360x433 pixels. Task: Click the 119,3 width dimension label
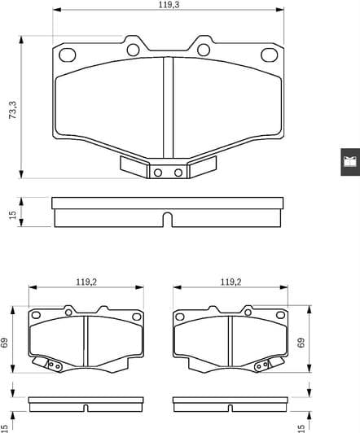click(169, 5)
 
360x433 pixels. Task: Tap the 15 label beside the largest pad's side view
click(12, 214)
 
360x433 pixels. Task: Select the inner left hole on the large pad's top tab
click(134, 50)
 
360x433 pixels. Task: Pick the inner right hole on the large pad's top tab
click(204, 50)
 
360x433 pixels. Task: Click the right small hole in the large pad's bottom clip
click(178, 172)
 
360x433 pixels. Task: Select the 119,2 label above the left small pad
click(88, 282)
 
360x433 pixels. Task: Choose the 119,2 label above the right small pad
click(231, 282)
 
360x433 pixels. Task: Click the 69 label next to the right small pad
click(301, 343)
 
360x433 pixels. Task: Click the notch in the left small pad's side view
click(87, 404)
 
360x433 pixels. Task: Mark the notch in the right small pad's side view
click(231, 404)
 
